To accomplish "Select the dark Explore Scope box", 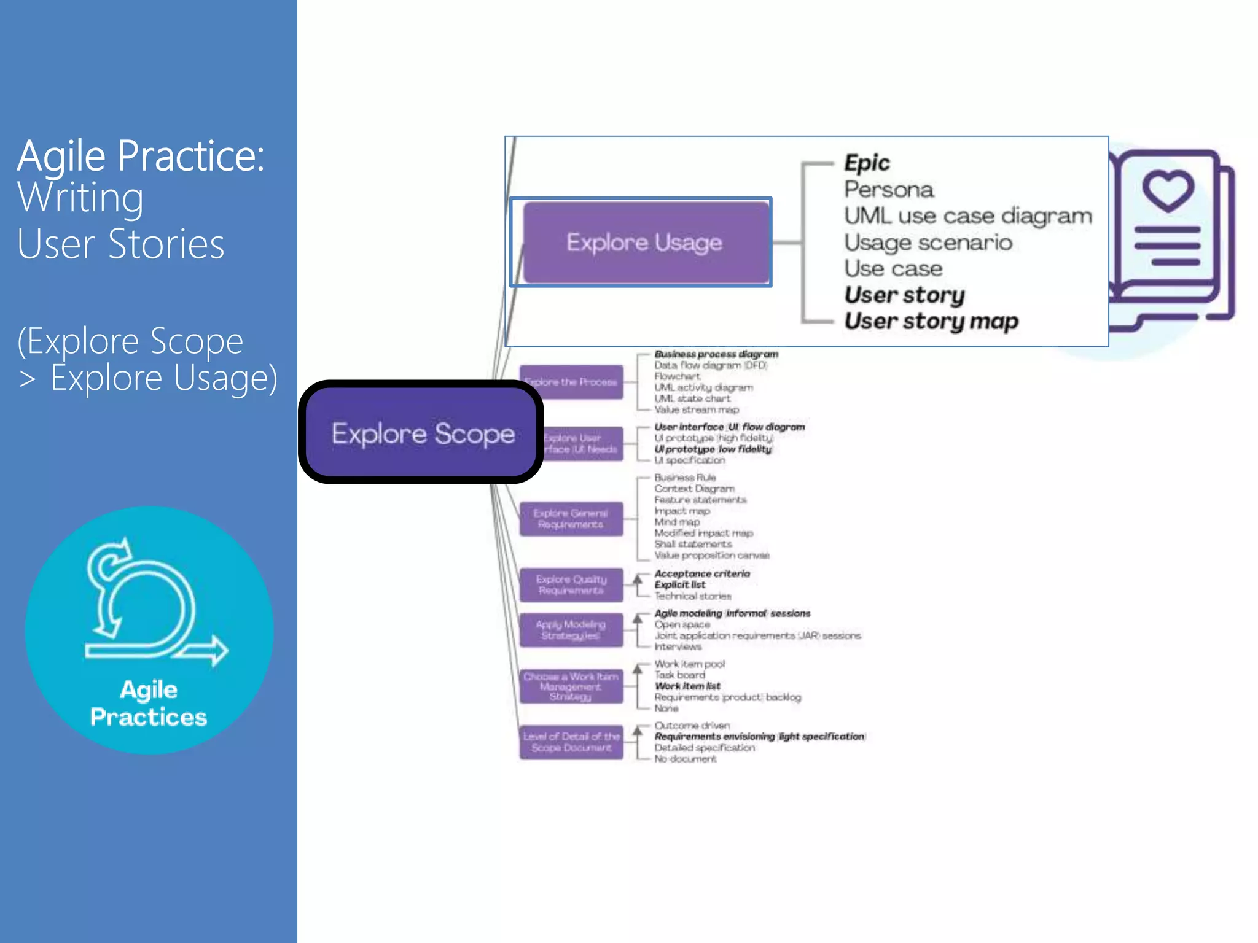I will pyautogui.click(x=423, y=433).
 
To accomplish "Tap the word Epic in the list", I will pyautogui.click(x=867, y=163).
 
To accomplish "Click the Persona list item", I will pyautogui.click(x=889, y=190).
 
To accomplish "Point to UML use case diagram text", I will pyautogui.click(x=967, y=216).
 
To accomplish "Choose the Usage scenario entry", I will pyautogui.click(x=928, y=243).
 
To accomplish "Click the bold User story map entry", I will pyautogui.click(x=931, y=321).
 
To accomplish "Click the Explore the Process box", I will pyautogui.click(x=571, y=382).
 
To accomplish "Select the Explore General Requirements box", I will pyautogui.click(x=571, y=519).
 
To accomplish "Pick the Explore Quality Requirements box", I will pyautogui.click(x=571, y=584).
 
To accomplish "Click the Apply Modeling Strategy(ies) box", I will pyautogui.click(x=571, y=630).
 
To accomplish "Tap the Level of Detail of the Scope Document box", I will pyautogui.click(x=571, y=742).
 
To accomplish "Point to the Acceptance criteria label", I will pyautogui.click(x=702, y=573).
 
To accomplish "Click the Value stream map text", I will pyautogui.click(x=696, y=409).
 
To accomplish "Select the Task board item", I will pyautogui.click(x=679, y=675).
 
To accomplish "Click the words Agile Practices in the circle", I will pyautogui.click(x=149, y=704).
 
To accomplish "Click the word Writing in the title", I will pyautogui.click(x=80, y=198).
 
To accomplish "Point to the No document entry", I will pyautogui.click(x=685, y=759).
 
